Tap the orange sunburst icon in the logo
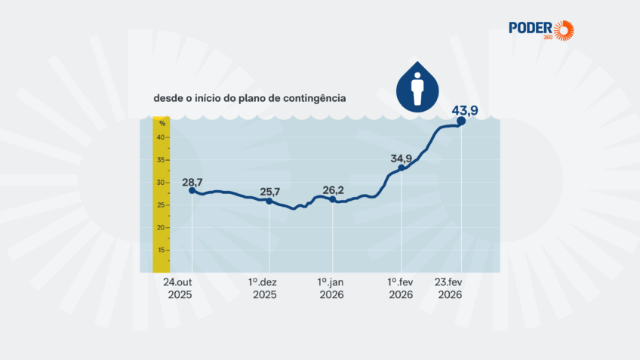coord(563,30)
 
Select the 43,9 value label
coord(466,111)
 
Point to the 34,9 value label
coord(402,158)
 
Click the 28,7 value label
coord(193,183)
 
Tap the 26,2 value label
coord(333,190)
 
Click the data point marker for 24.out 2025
coord(192,191)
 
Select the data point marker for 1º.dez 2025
coord(269,201)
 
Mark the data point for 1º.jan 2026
coord(333,199)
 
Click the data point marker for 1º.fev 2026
coord(402,168)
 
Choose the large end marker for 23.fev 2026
coord(461,121)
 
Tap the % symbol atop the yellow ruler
coord(162,123)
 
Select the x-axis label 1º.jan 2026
coord(332,288)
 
